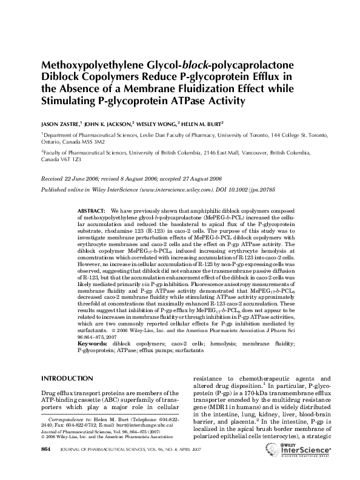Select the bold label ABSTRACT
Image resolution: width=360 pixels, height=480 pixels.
pyautogui.click(x=90, y=210)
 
